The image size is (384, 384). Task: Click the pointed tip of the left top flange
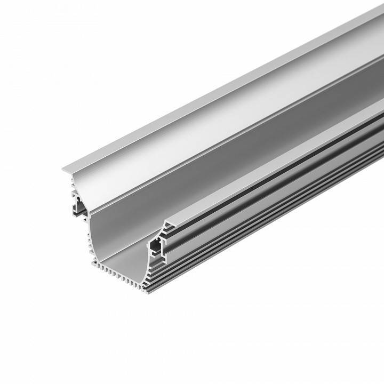[63, 170]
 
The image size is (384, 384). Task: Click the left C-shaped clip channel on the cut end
[80, 205]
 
